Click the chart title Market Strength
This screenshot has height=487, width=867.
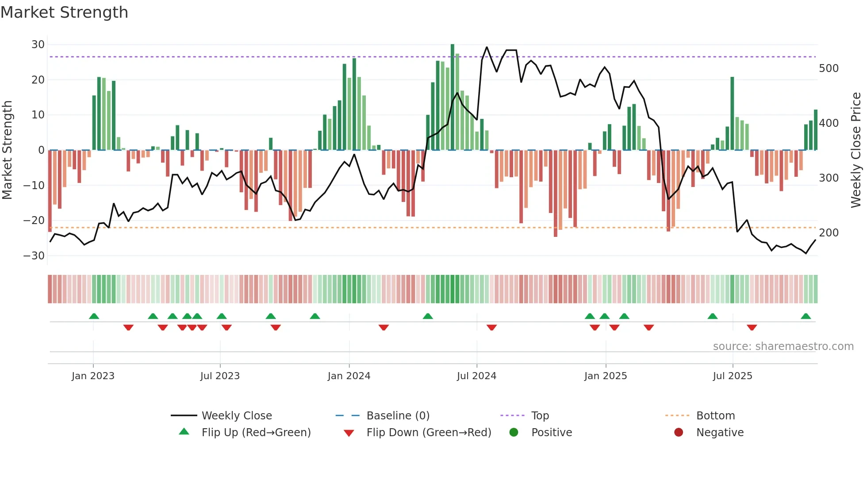(x=64, y=12)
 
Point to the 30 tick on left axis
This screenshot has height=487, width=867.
(x=38, y=45)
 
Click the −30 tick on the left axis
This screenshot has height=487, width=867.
(x=34, y=256)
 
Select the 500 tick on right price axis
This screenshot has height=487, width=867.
(x=829, y=68)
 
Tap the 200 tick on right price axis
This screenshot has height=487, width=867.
(x=829, y=233)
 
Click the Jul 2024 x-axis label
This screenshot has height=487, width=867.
(x=476, y=376)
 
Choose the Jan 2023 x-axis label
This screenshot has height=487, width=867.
(x=93, y=376)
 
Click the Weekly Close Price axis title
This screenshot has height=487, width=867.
(x=856, y=150)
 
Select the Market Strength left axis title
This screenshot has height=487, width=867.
(x=8, y=150)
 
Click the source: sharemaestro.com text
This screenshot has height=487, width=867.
(x=783, y=346)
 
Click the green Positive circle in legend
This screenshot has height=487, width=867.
(x=514, y=432)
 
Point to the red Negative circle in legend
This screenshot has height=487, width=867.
(x=679, y=432)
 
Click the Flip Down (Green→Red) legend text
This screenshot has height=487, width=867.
(x=429, y=433)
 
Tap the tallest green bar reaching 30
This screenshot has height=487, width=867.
(x=452, y=97)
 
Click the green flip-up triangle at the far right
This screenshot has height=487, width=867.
(x=806, y=316)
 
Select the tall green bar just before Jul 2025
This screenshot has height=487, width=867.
(x=732, y=114)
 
